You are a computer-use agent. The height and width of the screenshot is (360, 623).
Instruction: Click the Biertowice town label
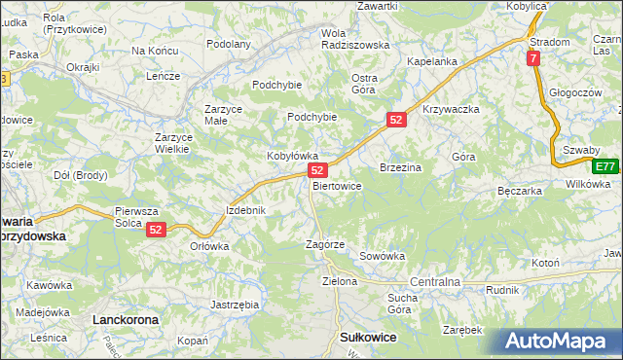[337, 185]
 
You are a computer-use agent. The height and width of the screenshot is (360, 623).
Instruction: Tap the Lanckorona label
[125, 318]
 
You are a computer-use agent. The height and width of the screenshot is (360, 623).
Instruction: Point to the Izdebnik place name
[245, 210]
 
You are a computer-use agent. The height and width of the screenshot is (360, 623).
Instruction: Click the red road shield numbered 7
[533, 58]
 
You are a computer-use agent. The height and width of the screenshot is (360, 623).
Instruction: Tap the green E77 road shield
[606, 166]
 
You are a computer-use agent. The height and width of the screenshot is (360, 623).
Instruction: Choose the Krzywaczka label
[452, 109]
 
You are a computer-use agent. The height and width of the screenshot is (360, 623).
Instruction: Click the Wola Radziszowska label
[354, 38]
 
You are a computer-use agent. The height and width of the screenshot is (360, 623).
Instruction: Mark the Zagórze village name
[325, 244]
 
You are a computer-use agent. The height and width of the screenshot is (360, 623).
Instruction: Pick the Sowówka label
[382, 256]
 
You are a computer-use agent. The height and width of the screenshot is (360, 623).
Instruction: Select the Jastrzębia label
[235, 305]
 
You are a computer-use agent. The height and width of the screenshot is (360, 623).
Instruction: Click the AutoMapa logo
[563, 341]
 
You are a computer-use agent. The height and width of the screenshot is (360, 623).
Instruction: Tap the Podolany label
[230, 44]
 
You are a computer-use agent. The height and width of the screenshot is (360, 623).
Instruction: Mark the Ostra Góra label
[364, 84]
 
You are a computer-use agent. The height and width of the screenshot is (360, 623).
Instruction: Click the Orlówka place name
[209, 246]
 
